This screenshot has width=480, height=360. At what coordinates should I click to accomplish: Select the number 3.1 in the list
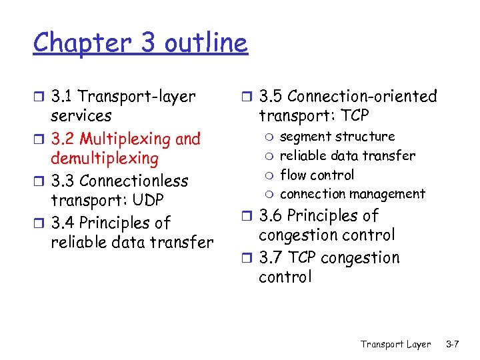(x=62, y=97)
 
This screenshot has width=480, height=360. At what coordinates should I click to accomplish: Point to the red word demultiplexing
(x=105, y=159)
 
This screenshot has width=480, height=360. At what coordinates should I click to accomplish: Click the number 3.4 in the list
(x=63, y=223)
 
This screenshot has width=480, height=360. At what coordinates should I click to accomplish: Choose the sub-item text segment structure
(x=337, y=137)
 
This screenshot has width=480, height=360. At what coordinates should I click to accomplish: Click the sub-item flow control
(x=317, y=175)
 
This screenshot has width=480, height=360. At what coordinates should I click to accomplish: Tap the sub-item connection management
(x=352, y=194)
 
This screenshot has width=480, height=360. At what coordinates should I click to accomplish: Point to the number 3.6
(x=271, y=216)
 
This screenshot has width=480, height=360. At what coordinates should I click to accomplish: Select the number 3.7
(x=271, y=258)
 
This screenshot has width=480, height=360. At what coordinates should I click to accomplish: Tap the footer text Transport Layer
(x=395, y=345)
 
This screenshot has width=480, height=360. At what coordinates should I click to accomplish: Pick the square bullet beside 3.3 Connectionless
(x=41, y=181)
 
